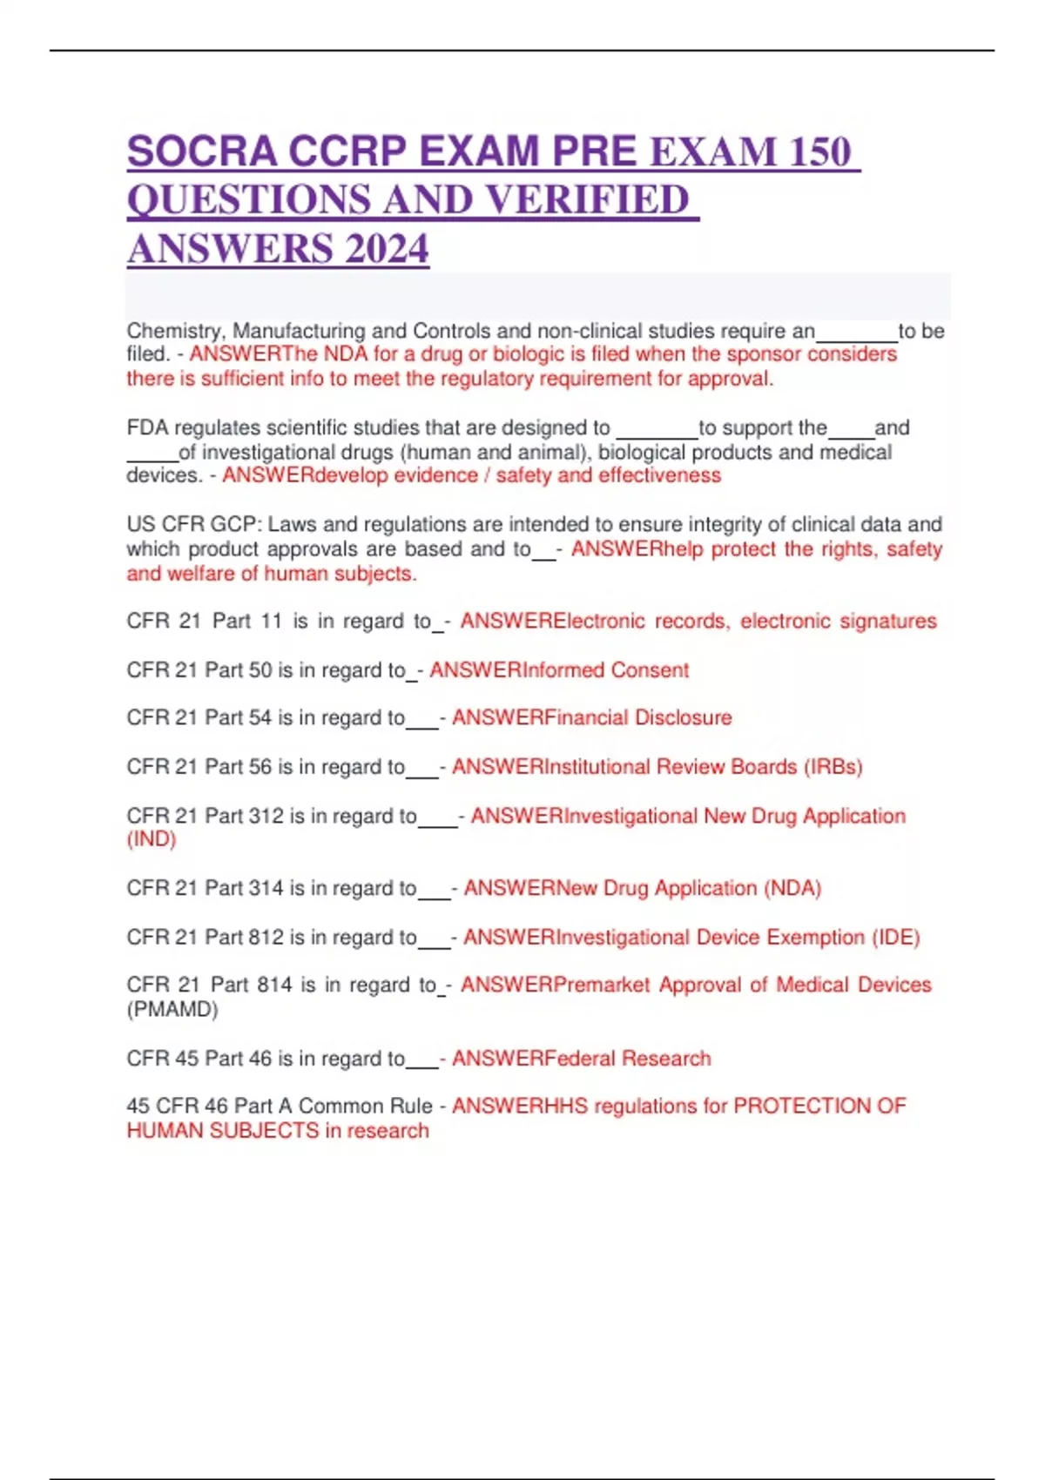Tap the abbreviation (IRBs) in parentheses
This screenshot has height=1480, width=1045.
coord(833,767)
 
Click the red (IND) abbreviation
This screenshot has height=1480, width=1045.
coord(152,839)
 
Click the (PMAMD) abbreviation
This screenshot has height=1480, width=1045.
coord(172,1010)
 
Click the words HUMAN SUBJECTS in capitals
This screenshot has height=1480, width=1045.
coord(223,1131)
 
